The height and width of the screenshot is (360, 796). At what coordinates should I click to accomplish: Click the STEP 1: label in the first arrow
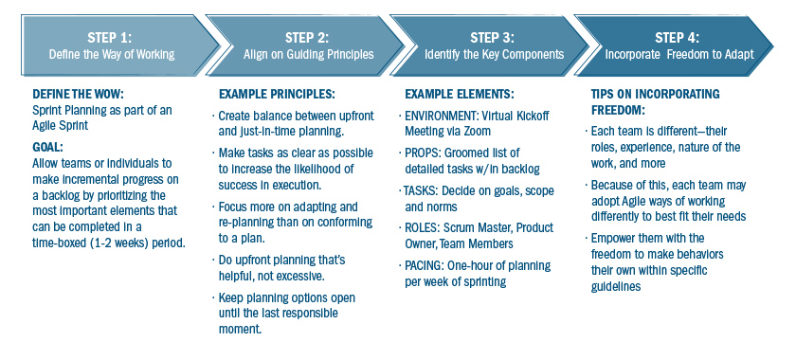click(x=111, y=37)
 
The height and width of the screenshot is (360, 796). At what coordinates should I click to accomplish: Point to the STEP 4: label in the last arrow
click(x=680, y=37)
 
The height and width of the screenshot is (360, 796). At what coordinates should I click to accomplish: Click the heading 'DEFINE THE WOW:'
click(x=79, y=95)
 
